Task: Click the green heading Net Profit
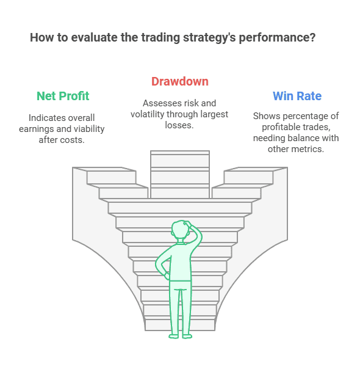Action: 63,96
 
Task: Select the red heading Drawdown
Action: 180,81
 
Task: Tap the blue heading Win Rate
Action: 297,96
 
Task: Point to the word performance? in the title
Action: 277,38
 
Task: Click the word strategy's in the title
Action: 209,38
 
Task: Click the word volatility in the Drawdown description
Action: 147,114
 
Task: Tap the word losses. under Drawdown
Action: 179,125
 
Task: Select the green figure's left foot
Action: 174,336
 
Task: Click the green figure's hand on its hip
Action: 167,276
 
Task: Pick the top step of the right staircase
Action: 256,169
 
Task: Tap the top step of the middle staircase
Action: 180,153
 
